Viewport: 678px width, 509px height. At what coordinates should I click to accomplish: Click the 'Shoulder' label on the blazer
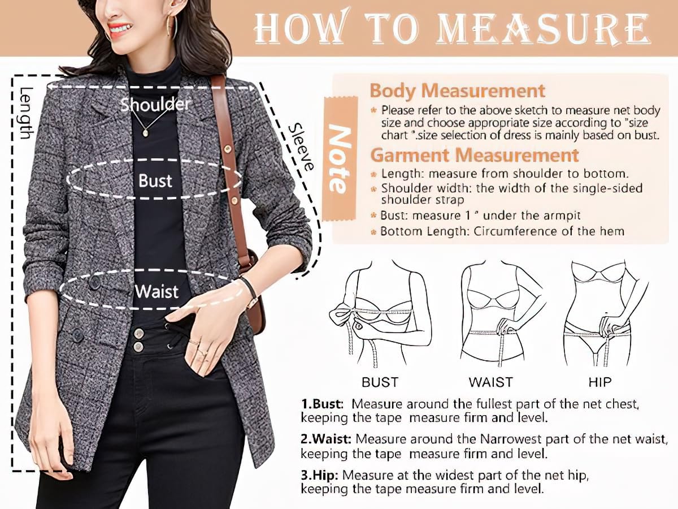click(x=155, y=104)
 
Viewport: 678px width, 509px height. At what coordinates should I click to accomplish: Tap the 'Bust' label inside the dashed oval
click(x=155, y=181)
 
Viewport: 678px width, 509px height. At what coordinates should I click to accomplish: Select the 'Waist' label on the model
click(x=157, y=292)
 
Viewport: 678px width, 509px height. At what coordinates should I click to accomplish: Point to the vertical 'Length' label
click(x=25, y=113)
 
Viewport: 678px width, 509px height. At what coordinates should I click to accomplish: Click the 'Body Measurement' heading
click(x=458, y=91)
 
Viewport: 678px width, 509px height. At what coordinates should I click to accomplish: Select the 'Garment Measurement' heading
click(x=474, y=155)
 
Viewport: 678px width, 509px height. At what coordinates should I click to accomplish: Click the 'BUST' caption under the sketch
click(x=380, y=382)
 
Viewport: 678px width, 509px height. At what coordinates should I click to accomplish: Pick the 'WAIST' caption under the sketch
click(x=490, y=382)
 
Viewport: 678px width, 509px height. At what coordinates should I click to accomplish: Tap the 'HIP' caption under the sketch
click(x=599, y=382)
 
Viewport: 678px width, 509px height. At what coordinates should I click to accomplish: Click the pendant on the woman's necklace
click(x=146, y=133)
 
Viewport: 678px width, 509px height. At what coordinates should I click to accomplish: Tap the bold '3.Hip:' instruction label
click(x=320, y=475)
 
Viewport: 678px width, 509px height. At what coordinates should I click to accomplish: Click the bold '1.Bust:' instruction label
click(x=322, y=404)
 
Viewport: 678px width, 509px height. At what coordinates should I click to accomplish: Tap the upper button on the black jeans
click(x=138, y=332)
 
